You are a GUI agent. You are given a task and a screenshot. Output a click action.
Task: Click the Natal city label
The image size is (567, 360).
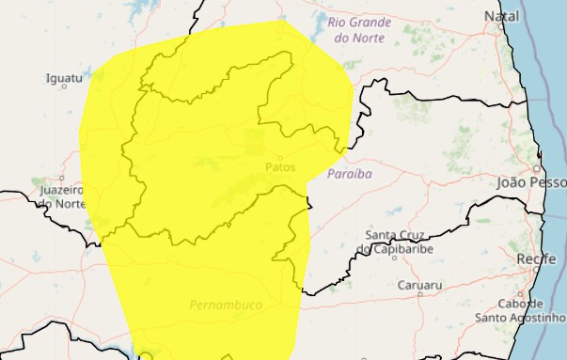501,17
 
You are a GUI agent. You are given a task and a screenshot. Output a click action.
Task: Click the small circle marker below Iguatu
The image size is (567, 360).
64,88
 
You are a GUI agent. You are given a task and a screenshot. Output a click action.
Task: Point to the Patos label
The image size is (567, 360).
280,167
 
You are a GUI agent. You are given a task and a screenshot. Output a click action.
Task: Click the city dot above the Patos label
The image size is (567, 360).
279,157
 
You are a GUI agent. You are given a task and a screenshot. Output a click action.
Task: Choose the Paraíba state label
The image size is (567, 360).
350,175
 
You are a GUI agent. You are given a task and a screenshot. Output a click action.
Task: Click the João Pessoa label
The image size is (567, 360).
531,183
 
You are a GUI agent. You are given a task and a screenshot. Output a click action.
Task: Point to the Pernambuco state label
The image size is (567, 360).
225,305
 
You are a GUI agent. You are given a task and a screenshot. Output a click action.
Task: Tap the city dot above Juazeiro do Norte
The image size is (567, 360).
62,178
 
